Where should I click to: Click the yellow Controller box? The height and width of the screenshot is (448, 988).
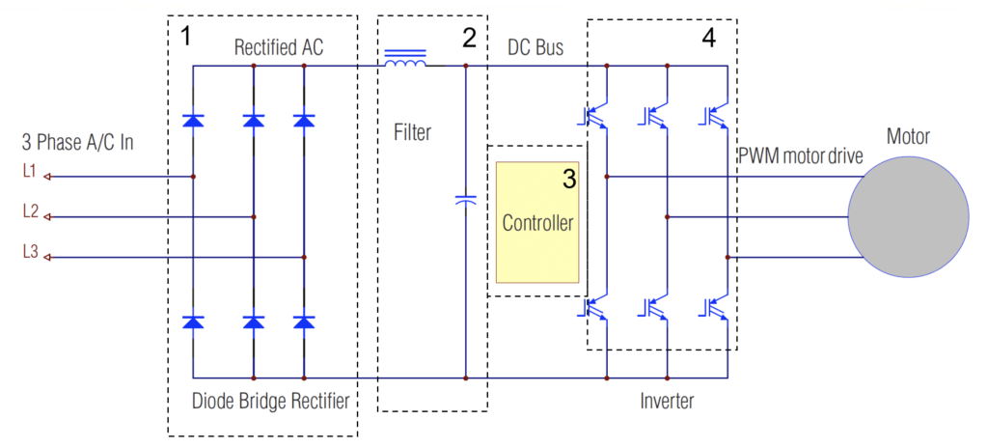[537, 221]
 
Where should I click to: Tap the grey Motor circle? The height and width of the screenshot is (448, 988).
[907, 216]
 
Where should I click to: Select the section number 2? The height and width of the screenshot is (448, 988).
[469, 38]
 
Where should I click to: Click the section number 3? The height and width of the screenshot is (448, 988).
[568, 179]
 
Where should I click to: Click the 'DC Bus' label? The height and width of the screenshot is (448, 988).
[535, 47]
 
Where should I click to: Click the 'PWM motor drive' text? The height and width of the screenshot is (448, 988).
[801, 156]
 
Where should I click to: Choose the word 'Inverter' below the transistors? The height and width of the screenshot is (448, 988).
[666, 400]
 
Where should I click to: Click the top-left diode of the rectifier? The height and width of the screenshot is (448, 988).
[193, 121]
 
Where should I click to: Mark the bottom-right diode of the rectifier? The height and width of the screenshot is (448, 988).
[304, 322]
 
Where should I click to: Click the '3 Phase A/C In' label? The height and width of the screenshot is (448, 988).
[77, 144]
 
